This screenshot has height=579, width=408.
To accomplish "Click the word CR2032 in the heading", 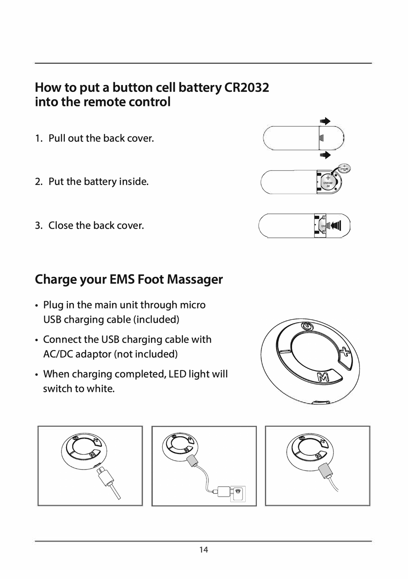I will point(247,88).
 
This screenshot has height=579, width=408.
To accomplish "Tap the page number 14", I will point(204,549).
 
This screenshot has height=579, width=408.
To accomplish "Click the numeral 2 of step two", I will point(38,182).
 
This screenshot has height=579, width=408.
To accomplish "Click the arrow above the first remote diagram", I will point(326,121).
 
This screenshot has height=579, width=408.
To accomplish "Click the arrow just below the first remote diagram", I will point(326,155).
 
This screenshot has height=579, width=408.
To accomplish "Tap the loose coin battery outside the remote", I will point(344,169).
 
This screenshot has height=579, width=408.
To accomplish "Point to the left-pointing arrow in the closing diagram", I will point(336,225).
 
